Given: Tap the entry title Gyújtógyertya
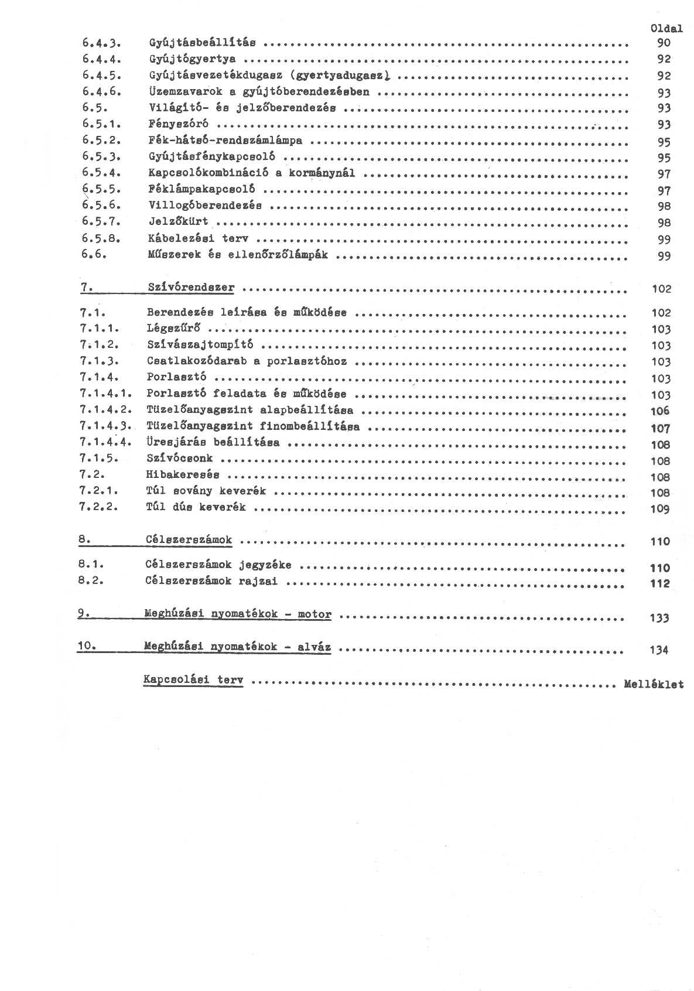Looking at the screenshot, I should coord(193,59).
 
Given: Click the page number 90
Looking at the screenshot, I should coord(664,43).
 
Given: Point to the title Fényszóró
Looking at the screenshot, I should coord(178,124).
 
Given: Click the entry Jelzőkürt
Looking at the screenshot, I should coord(178,222).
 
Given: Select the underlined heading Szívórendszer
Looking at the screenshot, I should coord(191,288).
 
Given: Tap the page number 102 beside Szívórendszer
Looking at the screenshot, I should coord(661,289).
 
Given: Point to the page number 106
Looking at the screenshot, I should coord(660,411).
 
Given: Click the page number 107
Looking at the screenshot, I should coord(660,428).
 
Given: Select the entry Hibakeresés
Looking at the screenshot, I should coord(183,474).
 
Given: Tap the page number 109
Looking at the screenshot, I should coord(660,509).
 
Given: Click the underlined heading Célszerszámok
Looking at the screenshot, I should coord(189,539).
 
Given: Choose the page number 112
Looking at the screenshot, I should coord(660,584).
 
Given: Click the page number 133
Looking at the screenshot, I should coord(659,618).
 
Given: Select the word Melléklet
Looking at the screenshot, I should coord(654,684).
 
